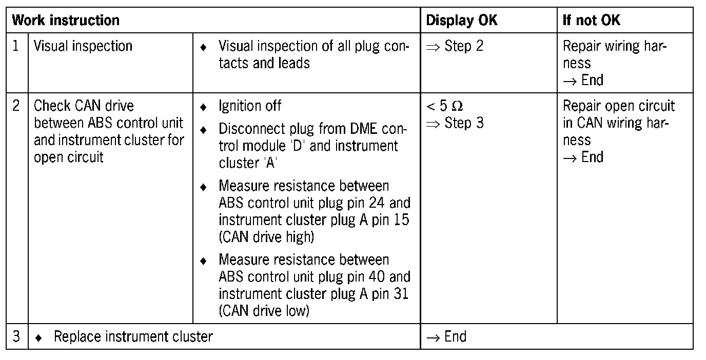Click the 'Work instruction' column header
(65, 21)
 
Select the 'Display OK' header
(462, 21)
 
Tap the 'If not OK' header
(591, 21)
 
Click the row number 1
(16, 46)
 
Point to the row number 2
(16, 106)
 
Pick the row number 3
(16, 337)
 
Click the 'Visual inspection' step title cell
(83, 46)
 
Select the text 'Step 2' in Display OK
(464, 46)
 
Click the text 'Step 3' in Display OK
(464, 124)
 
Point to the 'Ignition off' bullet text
(250, 106)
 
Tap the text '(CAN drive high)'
(266, 236)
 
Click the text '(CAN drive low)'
(264, 311)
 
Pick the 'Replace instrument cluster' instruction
(133, 337)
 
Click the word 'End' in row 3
(455, 337)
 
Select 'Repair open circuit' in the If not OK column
(619, 106)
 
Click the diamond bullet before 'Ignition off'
(203, 107)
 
